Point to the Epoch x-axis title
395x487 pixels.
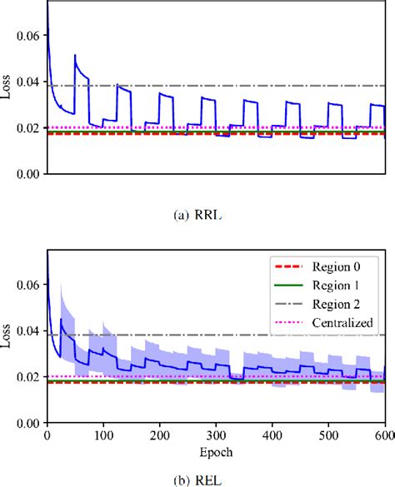point(217,452)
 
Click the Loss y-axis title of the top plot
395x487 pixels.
point(7,87)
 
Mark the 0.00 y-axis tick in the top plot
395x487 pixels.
point(27,174)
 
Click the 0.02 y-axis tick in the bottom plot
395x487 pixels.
point(27,377)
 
